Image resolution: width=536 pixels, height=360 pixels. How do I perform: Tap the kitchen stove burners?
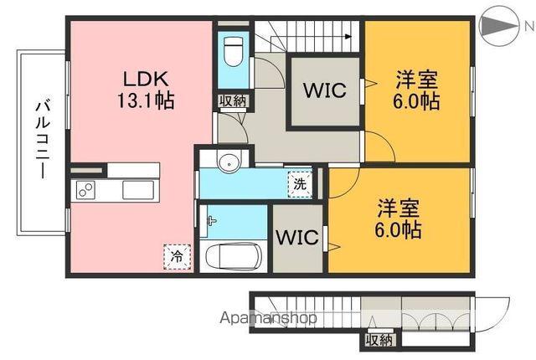pos(86,191)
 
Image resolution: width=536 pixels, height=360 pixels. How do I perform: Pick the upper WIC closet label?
pos(324,91)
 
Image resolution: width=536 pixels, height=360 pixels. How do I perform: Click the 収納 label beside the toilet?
pos(233,101)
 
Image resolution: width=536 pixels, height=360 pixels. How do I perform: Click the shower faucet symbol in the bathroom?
pos(212,223)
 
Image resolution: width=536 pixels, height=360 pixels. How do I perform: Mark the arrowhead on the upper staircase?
pos(345,36)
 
